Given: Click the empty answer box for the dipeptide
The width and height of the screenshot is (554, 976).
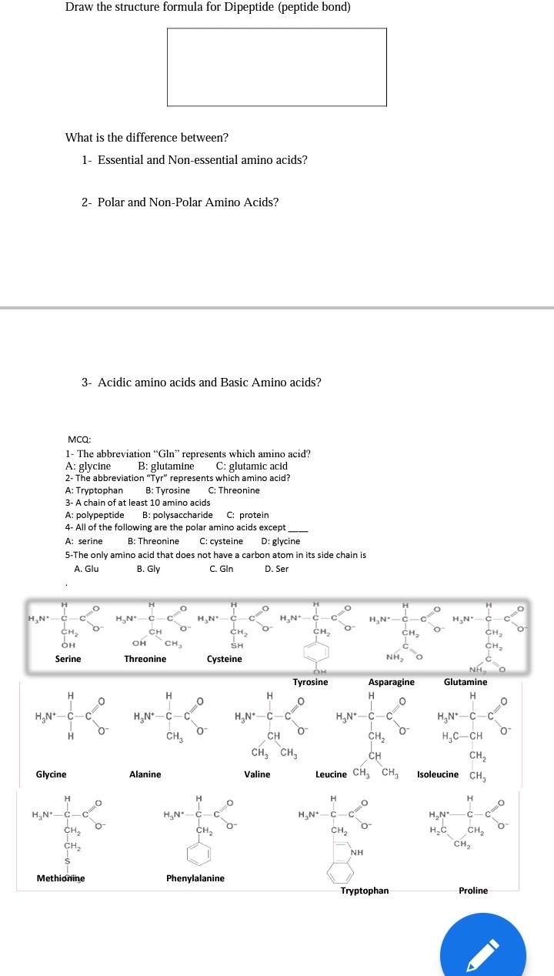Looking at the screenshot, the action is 277,67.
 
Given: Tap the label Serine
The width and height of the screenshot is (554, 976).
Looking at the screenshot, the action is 68,659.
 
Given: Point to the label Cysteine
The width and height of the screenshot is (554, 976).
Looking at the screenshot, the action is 225,659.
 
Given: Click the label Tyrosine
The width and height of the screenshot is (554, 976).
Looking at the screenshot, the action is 310,682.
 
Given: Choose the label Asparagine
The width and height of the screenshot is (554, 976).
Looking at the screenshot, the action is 391,682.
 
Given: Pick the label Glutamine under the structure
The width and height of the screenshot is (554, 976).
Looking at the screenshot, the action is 466,682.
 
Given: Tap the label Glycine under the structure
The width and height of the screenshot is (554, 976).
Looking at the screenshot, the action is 52,774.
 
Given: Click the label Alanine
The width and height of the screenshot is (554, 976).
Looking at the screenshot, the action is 145,774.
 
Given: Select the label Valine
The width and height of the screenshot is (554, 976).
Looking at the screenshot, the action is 257,774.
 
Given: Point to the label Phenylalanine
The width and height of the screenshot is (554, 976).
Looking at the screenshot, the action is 195,878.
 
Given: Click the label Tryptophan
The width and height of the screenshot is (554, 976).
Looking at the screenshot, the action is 365,891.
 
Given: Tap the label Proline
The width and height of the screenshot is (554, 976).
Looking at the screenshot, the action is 473,891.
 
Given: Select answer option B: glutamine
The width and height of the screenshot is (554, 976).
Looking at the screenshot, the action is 166,466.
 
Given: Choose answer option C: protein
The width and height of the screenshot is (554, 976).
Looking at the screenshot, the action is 248,515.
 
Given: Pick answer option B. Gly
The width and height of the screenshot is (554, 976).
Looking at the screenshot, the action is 148,569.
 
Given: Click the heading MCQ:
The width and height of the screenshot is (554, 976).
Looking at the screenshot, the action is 79,439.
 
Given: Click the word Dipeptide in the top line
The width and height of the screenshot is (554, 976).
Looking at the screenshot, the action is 235,7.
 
